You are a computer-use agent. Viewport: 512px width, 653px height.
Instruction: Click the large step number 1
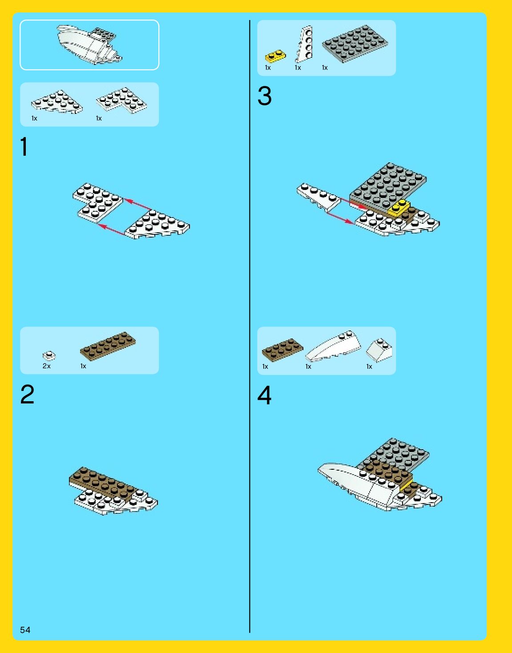[24, 146]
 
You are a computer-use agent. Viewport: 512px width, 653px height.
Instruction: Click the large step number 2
[27, 395]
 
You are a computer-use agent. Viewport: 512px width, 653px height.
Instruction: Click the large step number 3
[264, 96]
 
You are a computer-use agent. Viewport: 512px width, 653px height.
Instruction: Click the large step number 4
[264, 395]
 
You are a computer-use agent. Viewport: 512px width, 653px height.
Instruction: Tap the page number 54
[25, 630]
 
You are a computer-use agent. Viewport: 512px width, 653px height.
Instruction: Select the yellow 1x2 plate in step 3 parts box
[275, 56]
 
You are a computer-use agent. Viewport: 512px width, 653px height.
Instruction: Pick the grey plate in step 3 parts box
[355, 44]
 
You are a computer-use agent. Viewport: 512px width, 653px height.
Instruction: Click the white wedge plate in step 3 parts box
[304, 44]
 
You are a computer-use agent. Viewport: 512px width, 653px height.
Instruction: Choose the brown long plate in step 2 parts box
[108, 347]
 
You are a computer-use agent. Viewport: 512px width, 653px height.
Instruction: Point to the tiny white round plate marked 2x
[49, 356]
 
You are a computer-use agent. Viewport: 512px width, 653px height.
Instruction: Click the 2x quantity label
[47, 366]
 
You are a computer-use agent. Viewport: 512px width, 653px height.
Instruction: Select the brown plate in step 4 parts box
[282, 350]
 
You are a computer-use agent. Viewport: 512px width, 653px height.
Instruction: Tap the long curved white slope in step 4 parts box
[333, 347]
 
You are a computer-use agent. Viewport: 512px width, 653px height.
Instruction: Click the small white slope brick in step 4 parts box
[379, 350]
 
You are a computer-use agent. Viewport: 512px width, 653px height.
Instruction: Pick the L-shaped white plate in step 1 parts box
[122, 101]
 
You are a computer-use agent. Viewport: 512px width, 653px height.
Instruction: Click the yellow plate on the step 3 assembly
[399, 208]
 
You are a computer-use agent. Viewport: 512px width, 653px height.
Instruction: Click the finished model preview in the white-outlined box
[89, 44]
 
